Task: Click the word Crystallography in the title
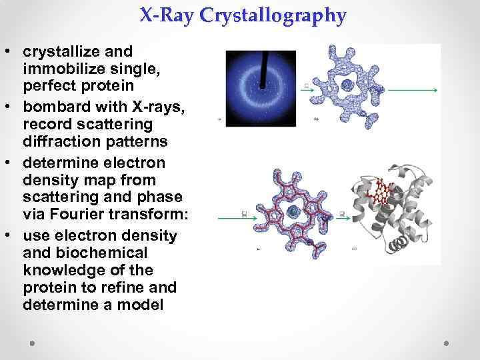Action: pyautogui.click(x=281, y=15)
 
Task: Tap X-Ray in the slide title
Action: pyautogui.click(x=175, y=15)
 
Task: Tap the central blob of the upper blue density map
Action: pyautogui.click(x=347, y=85)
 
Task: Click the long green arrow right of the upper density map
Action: pyautogui.click(x=413, y=89)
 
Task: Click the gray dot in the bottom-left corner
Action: pyautogui.click(x=32, y=341)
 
